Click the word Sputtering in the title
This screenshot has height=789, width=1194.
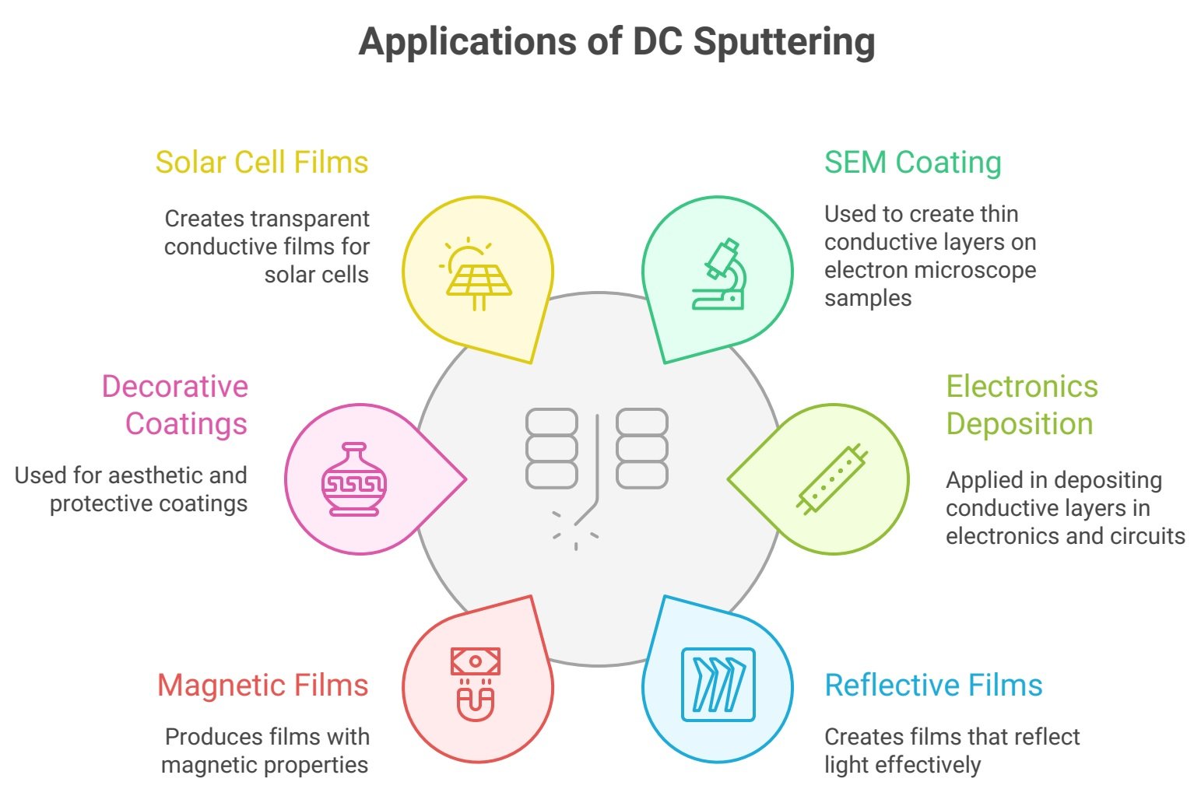click(784, 42)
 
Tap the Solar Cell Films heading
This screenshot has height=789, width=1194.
click(262, 163)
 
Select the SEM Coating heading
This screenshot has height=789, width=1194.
click(912, 163)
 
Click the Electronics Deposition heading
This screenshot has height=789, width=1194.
click(1021, 405)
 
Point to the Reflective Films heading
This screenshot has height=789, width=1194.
click(933, 686)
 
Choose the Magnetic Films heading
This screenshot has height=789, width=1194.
click(262, 686)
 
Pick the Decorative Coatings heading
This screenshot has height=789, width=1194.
click(175, 405)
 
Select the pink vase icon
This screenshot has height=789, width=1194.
click(354, 479)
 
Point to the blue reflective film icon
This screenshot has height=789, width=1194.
click(718, 685)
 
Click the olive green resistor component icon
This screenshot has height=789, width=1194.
click(831, 479)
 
